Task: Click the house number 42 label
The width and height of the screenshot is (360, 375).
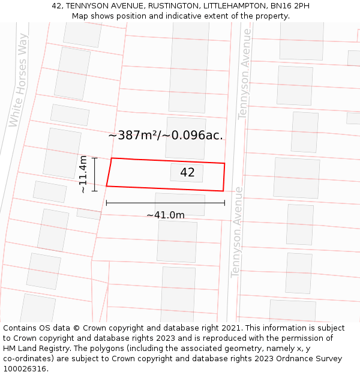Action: click(187, 173)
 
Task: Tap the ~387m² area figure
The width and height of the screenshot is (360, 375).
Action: click(133, 136)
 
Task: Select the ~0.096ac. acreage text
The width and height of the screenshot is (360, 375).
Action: click(193, 136)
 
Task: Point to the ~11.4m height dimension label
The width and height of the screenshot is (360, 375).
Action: click(83, 174)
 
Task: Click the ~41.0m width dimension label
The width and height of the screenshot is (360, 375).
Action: click(166, 215)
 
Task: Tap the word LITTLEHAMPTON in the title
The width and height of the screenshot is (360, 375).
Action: click(233, 5)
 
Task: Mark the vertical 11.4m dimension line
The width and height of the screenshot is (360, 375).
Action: click(95, 175)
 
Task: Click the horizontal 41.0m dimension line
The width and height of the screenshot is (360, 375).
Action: click(166, 203)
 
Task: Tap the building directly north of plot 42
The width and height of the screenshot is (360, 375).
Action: click(185, 136)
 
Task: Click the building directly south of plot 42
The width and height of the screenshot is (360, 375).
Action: click(179, 204)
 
